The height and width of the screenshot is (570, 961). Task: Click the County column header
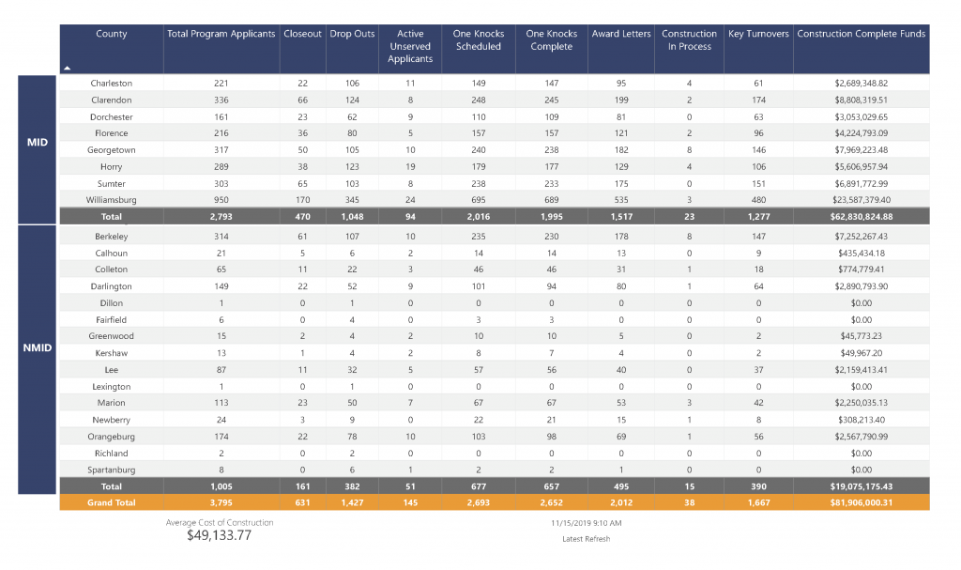(111, 34)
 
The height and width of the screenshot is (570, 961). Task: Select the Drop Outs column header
(352, 34)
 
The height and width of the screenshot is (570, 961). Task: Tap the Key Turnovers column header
(758, 34)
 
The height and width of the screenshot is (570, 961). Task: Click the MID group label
(37, 143)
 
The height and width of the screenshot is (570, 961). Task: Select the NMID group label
(37, 347)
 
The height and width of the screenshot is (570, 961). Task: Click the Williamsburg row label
(111, 200)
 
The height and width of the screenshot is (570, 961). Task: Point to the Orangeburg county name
(111, 437)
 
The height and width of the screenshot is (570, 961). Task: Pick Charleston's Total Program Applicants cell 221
(221, 84)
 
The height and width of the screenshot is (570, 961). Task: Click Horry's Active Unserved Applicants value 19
(410, 167)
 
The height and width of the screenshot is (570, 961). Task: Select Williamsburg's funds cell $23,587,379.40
(862, 200)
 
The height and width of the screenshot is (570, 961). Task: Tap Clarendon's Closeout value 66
(302, 100)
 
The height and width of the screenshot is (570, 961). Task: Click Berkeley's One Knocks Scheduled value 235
(478, 237)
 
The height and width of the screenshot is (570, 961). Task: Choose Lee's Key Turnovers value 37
(758, 370)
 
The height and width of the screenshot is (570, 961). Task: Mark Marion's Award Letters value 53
(621, 403)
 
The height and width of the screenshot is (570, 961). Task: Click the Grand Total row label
(111, 502)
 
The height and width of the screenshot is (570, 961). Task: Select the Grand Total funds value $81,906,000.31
(862, 502)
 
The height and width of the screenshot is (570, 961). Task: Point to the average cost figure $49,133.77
(219, 535)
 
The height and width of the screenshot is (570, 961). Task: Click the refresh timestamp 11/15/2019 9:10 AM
(586, 523)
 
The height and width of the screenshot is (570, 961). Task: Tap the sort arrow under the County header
(68, 69)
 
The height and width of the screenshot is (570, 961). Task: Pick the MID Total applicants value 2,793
(221, 217)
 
